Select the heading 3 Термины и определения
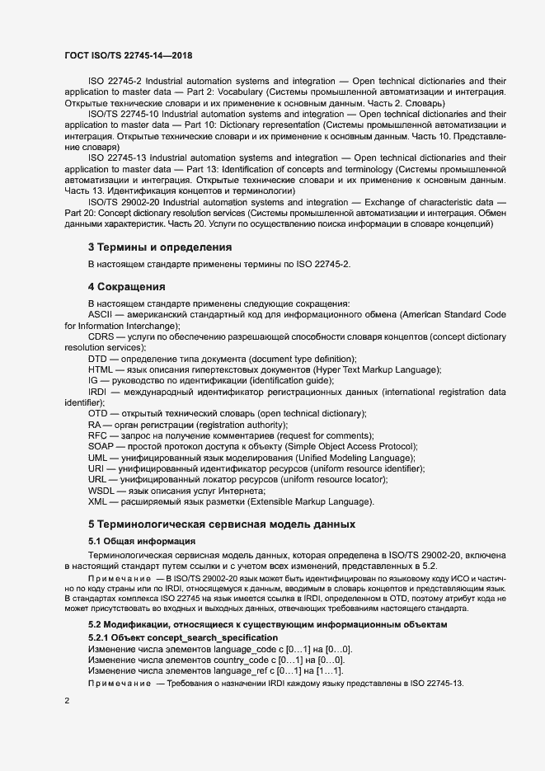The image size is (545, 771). point(160,247)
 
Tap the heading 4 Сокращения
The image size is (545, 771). point(127,287)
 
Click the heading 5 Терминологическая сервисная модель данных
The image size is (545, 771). point(222,524)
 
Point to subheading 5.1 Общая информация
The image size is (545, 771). point(141,541)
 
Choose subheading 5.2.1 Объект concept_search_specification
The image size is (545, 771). point(183,638)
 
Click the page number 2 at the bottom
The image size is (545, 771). point(67,700)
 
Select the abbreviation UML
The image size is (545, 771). point(98,458)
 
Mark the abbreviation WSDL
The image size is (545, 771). point(102,491)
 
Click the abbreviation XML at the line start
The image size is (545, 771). point(97,501)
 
